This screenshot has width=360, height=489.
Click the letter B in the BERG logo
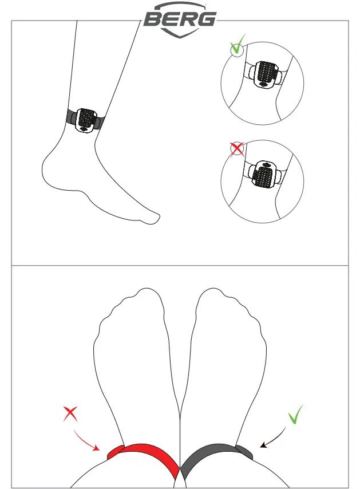tap(152, 19)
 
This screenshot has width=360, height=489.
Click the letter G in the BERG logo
tap(207, 19)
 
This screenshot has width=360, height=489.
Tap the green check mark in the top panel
tap(237, 45)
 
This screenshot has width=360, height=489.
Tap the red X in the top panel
tap(236, 149)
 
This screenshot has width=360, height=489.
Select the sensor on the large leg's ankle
tap(85, 119)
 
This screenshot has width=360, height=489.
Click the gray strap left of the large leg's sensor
tap(72, 117)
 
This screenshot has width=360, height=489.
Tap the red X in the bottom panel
tap(70, 413)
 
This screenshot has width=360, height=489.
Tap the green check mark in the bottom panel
tap(296, 415)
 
